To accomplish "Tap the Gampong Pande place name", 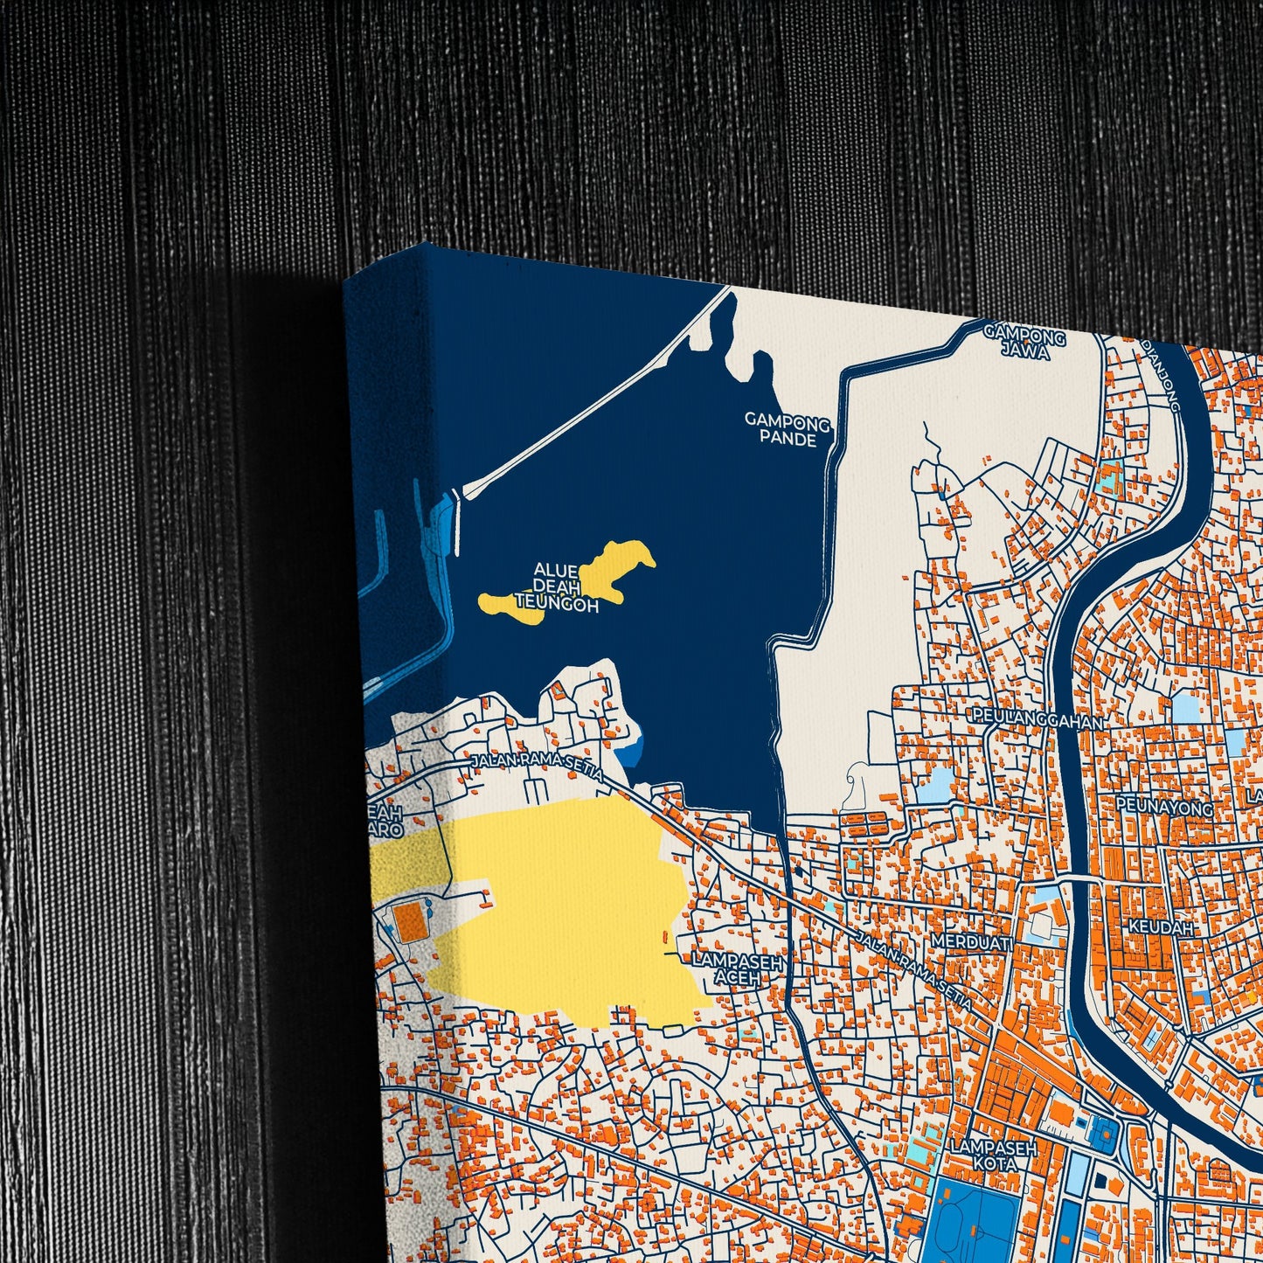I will [788, 430].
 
